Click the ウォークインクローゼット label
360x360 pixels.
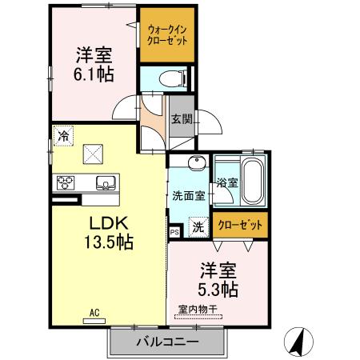point(166,34)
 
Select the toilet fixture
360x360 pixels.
point(169,78)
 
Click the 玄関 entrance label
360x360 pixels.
point(182,119)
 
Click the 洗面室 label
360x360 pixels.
point(189,195)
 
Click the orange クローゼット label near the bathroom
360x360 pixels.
point(241,226)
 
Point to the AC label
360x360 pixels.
point(94,313)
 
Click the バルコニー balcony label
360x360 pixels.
point(166,342)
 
